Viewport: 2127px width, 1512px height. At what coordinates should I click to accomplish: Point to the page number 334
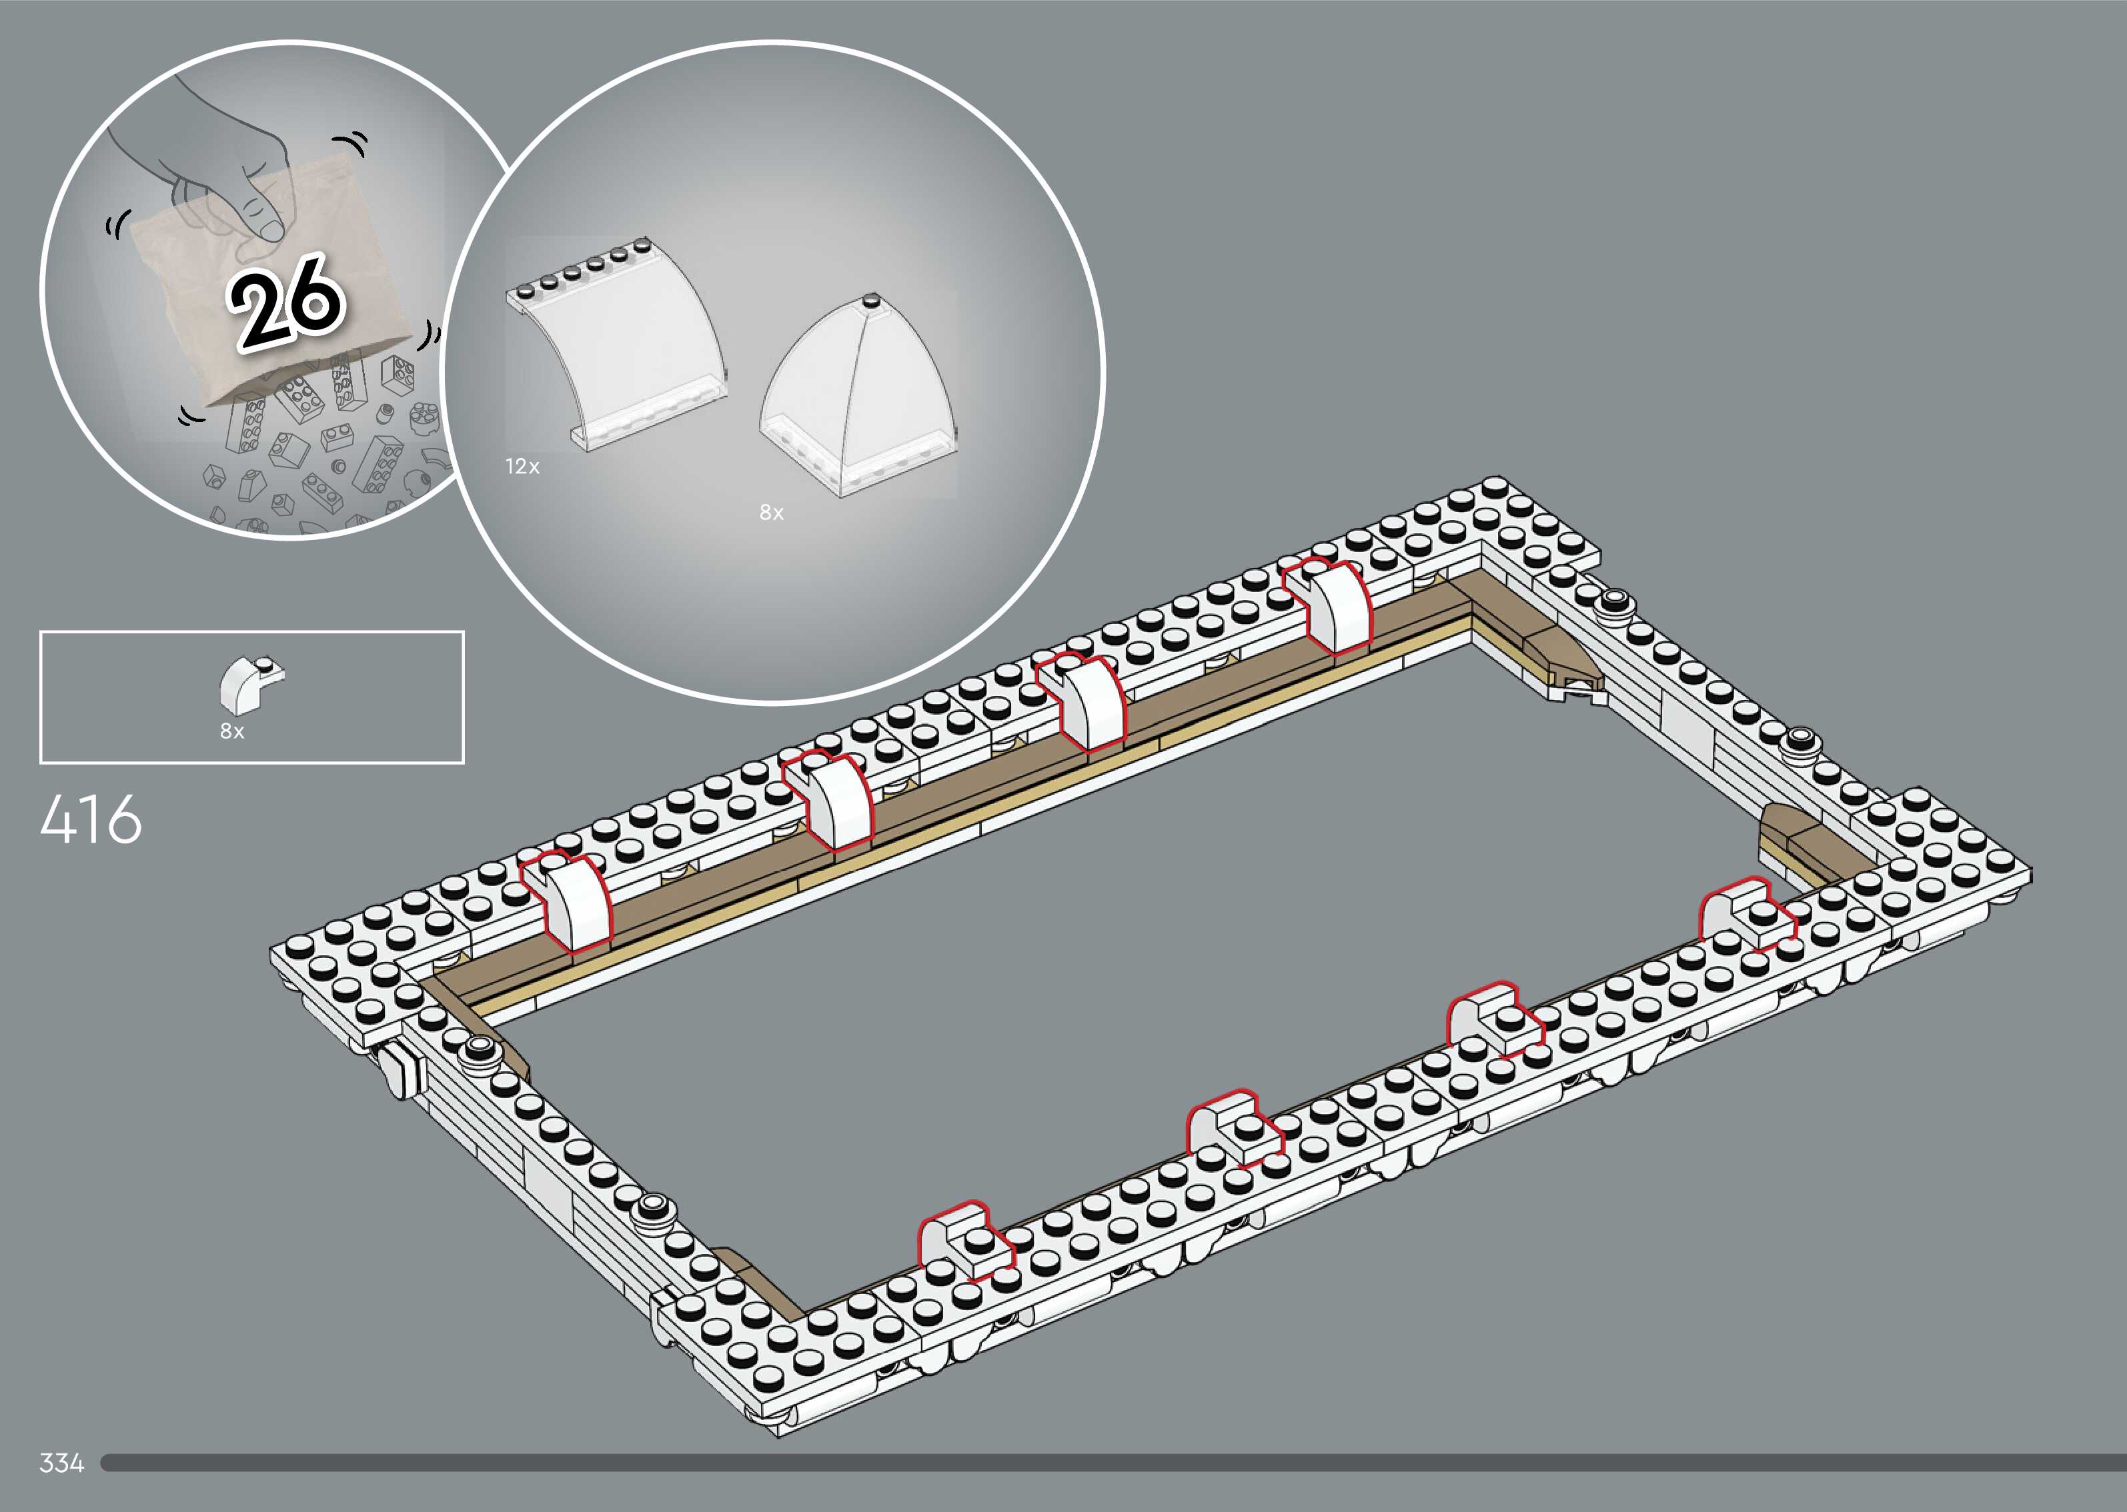(x=61, y=1463)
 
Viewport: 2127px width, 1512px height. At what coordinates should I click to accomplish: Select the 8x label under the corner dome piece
(x=771, y=512)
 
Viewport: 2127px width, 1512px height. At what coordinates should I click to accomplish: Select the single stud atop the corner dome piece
(x=872, y=301)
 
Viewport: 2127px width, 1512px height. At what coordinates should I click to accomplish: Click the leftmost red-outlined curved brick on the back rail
(x=568, y=899)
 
